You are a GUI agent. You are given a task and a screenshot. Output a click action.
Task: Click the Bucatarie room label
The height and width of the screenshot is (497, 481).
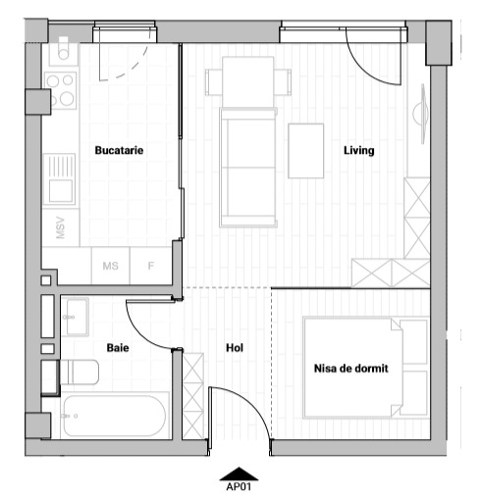[x=119, y=150]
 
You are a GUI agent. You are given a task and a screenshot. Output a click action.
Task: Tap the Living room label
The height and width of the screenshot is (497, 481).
[x=359, y=151]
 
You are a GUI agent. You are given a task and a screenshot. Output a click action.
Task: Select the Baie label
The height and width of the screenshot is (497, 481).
[x=118, y=348]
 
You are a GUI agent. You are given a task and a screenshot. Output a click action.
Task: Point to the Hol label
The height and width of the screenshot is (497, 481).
[x=235, y=348]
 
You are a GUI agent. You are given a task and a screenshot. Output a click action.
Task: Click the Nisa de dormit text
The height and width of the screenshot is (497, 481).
[x=351, y=369]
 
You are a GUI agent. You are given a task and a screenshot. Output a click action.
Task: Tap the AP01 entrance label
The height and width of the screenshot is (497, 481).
[x=239, y=487]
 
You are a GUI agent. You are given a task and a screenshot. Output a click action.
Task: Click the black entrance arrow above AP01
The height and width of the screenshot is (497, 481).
[x=240, y=473]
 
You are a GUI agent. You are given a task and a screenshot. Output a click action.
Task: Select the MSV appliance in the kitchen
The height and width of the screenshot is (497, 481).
[x=61, y=227]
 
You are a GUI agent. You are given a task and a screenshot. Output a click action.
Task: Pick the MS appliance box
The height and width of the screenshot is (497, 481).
[x=111, y=266]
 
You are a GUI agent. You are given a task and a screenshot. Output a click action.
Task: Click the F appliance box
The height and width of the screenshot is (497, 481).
[x=151, y=266]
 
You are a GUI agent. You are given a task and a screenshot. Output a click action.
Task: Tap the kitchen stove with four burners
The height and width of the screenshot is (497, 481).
[x=61, y=90]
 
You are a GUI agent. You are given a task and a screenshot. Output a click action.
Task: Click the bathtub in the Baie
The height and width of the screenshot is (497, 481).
[x=115, y=416]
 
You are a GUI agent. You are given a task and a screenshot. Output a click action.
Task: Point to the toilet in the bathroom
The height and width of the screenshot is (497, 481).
[x=80, y=373]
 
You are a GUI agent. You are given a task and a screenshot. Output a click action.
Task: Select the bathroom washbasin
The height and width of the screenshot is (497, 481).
[x=76, y=317]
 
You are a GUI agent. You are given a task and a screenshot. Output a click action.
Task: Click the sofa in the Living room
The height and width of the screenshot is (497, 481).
[x=248, y=168]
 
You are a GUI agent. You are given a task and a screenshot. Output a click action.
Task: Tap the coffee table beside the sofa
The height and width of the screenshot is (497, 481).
[x=306, y=151]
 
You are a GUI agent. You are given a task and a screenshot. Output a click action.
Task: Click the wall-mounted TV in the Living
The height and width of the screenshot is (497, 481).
[x=421, y=114]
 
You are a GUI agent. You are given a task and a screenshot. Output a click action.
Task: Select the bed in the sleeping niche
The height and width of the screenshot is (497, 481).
[x=366, y=368]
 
